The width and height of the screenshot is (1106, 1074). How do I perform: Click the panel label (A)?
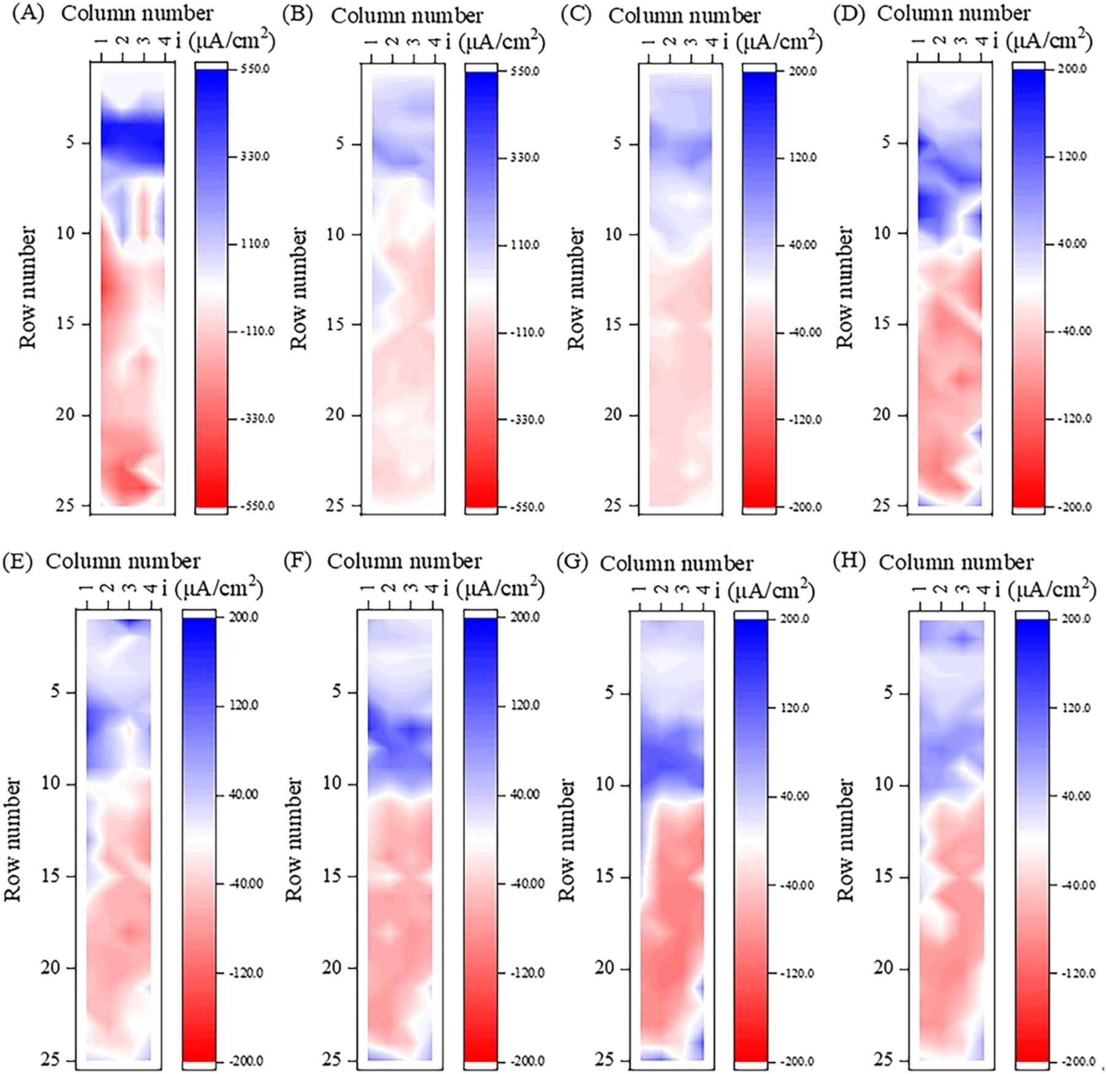pos(28,14)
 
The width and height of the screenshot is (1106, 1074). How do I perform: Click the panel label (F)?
pos(297,561)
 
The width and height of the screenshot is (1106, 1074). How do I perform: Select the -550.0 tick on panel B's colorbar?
pos(526,508)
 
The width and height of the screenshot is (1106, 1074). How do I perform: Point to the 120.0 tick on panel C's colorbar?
pos(803,158)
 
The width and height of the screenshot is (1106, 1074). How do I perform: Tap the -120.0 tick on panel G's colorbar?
pos(796,973)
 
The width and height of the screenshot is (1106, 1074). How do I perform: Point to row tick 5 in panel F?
pos(336,692)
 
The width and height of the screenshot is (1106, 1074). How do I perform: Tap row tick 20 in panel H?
pos(883,968)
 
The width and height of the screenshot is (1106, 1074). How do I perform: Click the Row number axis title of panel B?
pos(298,288)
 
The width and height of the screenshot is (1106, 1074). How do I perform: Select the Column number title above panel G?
pos(676,563)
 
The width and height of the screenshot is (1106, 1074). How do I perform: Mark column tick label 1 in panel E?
pos(87,589)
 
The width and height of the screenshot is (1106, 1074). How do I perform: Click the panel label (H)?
pos(849,562)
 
